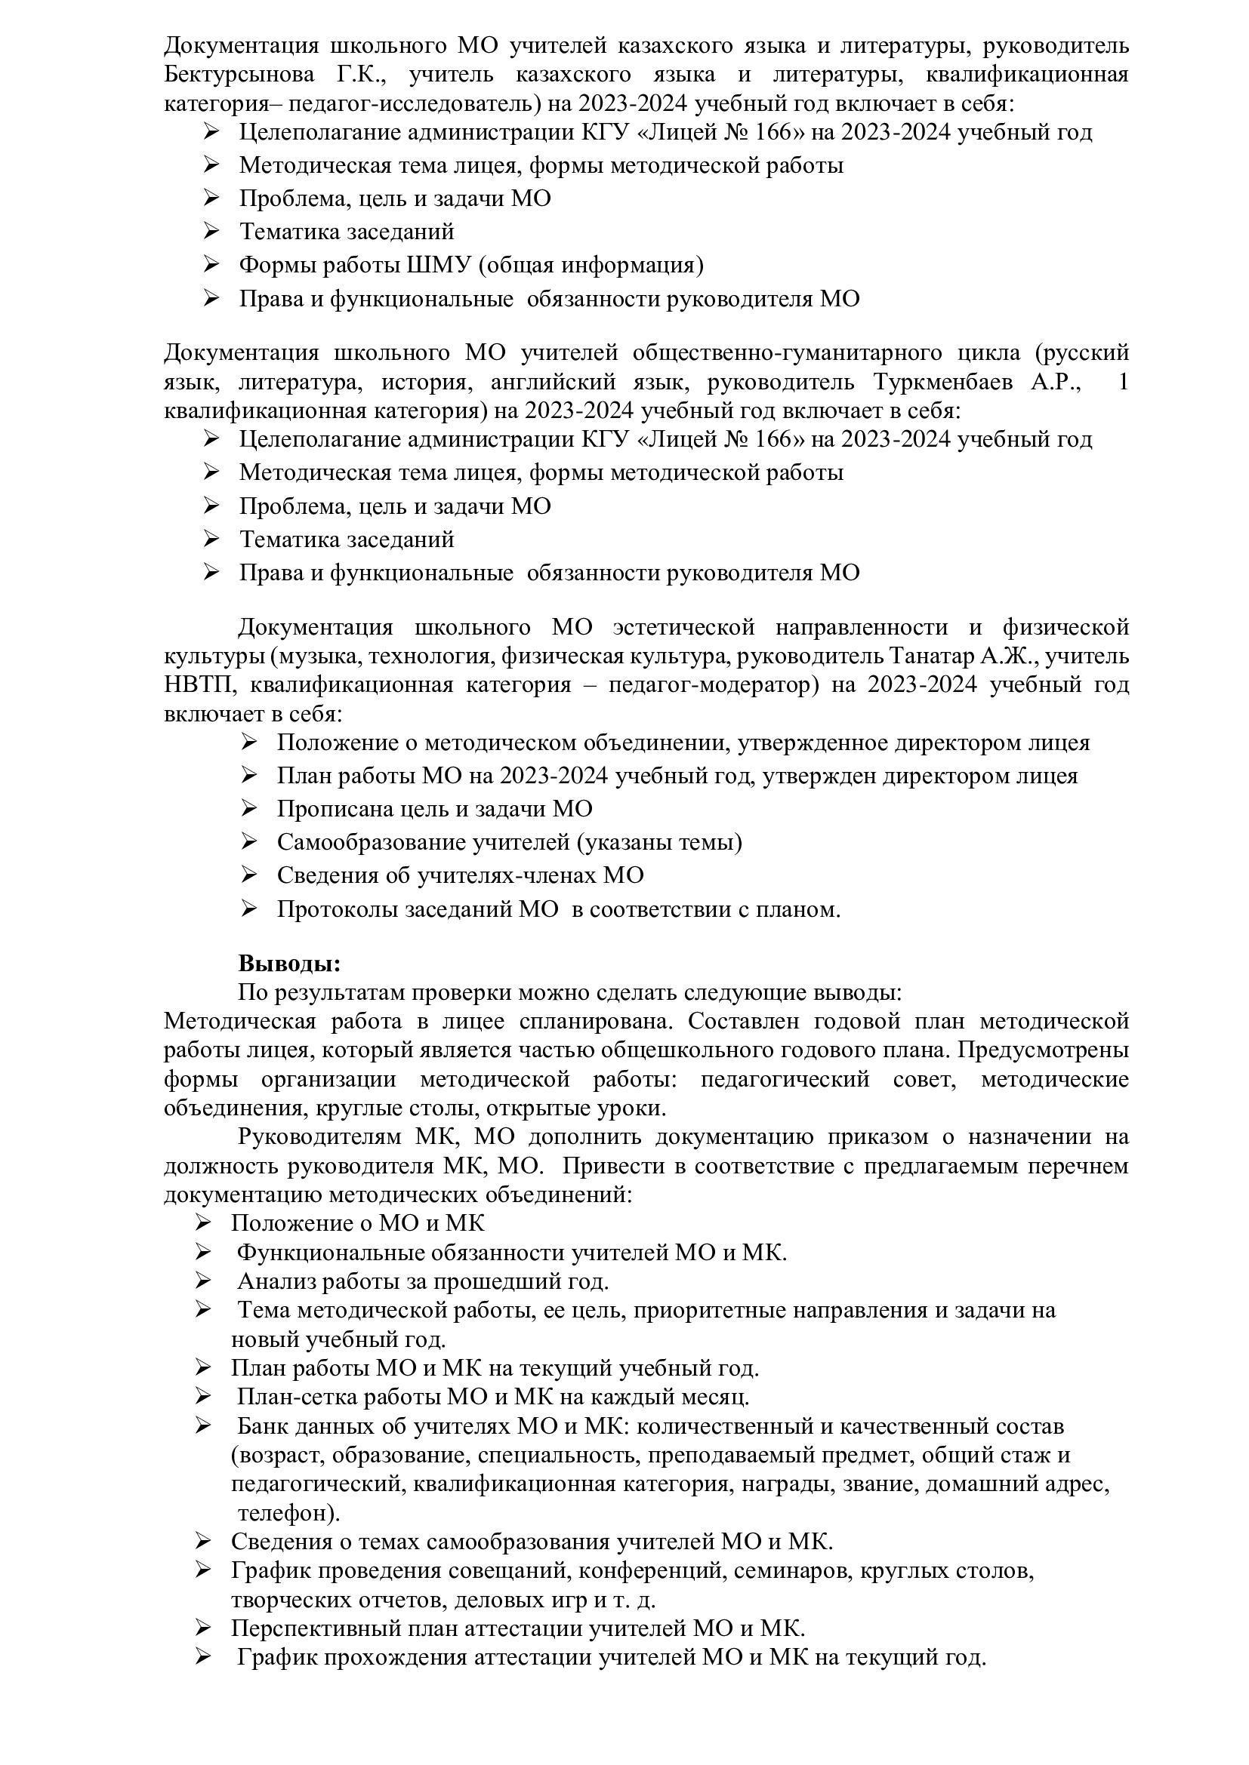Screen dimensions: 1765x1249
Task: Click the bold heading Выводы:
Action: point(289,963)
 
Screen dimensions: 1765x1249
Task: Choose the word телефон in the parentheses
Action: point(283,1513)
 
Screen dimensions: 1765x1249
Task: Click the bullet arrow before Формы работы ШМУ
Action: point(211,265)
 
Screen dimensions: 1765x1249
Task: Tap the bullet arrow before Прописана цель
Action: point(248,809)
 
